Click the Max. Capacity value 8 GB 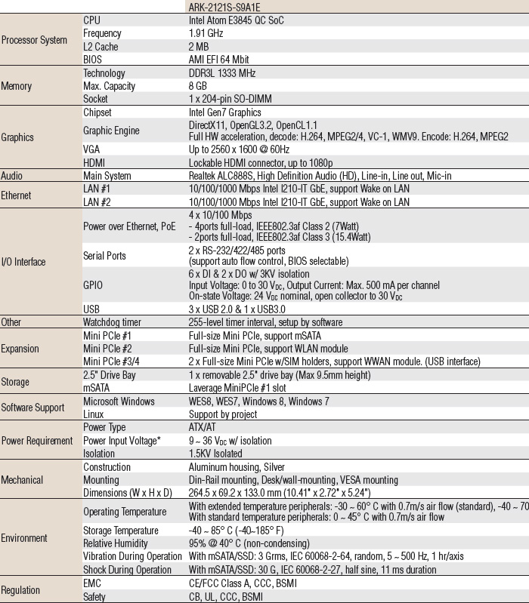click(x=199, y=86)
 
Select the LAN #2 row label click(x=97, y=202)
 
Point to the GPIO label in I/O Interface click(x=94, y=287)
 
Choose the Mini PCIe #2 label click(x=107, y=349)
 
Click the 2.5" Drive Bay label click(x=110, y=375)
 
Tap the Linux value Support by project click(x=223, y=414)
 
